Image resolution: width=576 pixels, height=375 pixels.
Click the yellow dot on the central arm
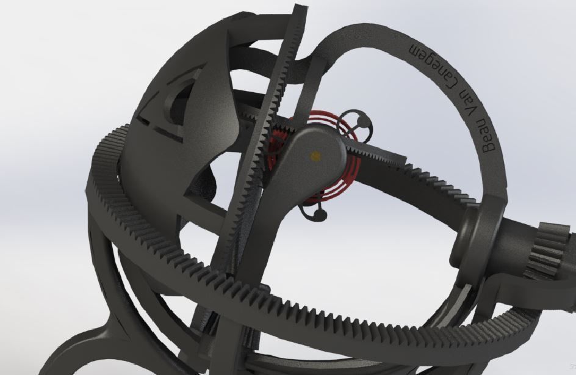click(x=315, y=156)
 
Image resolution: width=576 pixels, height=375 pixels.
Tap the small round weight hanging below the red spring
click(x=319, y=214)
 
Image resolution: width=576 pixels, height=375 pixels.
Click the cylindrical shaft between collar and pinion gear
click(x=513, y=244)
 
